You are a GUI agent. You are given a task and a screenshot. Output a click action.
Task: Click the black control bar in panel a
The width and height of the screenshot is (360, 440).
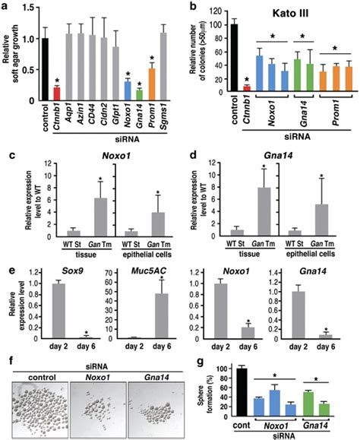pos(47,68)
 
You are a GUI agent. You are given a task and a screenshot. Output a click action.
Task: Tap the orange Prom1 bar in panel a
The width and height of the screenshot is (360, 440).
pos(153,83)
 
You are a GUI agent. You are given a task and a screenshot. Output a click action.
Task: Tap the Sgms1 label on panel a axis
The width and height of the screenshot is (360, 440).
pos(165,113)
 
